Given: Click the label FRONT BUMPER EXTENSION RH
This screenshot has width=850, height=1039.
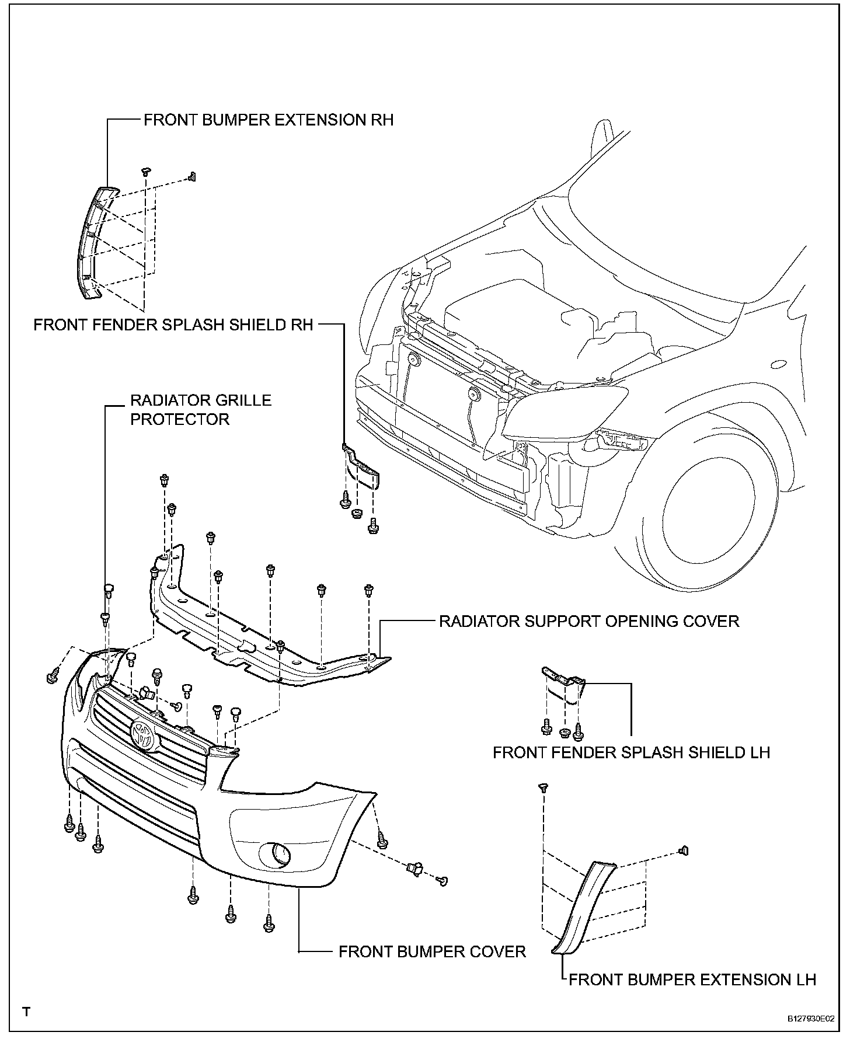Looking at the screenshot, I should tap(269, 120).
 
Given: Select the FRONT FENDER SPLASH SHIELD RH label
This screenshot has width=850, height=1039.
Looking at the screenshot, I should tap(173, 325).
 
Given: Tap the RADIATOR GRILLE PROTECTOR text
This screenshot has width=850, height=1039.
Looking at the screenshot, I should tap(200, 410).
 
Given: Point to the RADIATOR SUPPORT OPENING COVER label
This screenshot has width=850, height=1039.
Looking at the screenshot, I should tap(589, 621).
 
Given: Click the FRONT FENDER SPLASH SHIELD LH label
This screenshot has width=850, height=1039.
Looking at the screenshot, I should tap(631, 752).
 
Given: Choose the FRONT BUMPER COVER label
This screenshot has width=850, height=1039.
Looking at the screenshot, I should tap(432, 952).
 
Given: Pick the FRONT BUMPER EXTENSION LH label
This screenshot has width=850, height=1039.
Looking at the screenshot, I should tap(692, 979).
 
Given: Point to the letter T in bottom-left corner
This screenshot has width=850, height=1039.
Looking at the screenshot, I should tap(26, 1012).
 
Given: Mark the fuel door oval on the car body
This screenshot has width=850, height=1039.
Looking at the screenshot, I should tap(780, 364).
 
